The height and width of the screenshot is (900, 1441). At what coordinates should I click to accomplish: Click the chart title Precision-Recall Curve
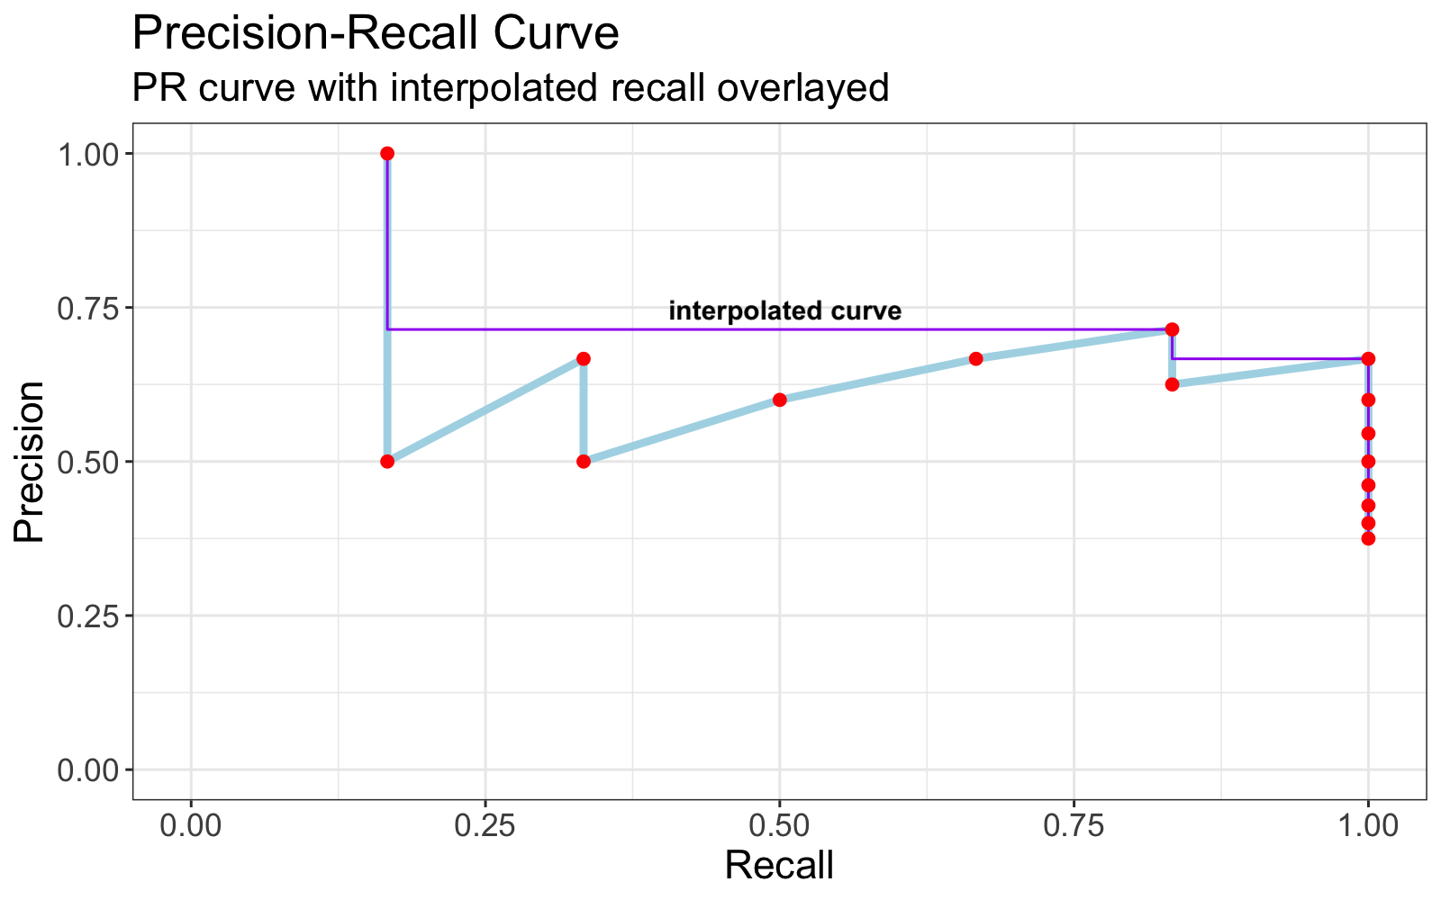tap(375, 34)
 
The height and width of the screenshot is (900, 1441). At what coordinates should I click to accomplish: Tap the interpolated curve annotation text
tap(784, 311)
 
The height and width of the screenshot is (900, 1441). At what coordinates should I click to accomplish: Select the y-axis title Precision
tap(30, 462)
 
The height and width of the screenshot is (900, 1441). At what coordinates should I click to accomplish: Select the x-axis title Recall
tap(779, 866)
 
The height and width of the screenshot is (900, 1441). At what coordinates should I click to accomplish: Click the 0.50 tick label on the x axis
tap(779, 823)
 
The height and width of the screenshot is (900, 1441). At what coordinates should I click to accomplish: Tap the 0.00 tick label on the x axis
tap(191, 823)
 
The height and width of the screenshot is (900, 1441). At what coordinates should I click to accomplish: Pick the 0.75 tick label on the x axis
tap(1074, 823)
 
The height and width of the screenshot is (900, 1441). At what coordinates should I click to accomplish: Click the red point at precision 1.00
tap(387, 154)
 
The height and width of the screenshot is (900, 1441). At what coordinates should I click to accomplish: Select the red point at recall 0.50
tap(780, 400)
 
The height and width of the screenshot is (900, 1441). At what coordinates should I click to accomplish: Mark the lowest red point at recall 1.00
tap(1368, 538)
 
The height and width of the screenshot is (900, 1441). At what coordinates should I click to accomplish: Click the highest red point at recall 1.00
tap(1368, 358)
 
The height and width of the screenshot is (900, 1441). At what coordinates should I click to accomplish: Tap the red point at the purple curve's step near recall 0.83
tap(1172, 329)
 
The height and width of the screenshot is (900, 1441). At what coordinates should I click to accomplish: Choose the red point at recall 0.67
tap(975, 358)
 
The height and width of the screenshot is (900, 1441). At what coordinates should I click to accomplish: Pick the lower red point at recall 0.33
tap(584, 462)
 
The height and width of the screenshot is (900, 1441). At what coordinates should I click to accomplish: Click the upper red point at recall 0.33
tap(584, 358)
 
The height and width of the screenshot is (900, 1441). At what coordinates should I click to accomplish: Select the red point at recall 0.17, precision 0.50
tap(387, 462)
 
